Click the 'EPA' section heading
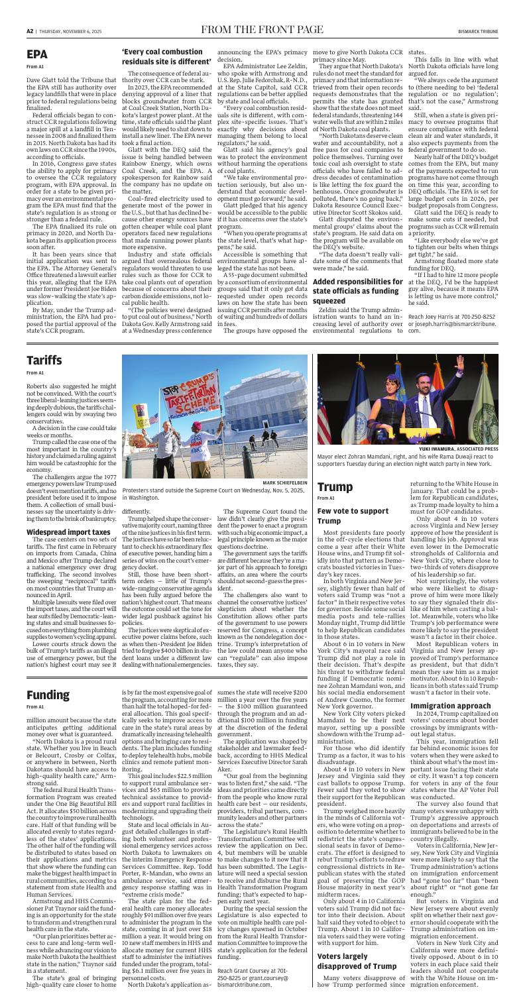tap(37, 51)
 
